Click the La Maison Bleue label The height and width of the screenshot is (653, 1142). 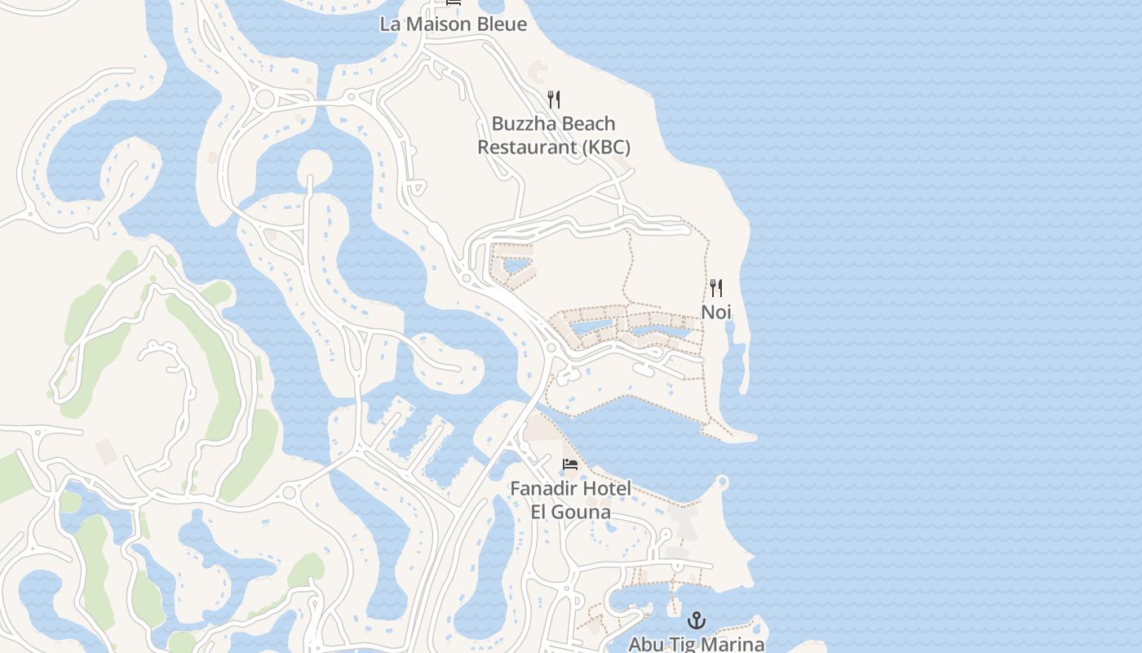point(454,24)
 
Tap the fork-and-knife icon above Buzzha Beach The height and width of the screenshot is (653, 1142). point(554,100)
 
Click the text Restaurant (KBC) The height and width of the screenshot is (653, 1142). point(554,148)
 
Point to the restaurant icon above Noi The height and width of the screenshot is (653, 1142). point(716,287)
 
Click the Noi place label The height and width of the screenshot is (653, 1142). point(716,312)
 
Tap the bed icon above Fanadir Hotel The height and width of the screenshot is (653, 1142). point(570,464)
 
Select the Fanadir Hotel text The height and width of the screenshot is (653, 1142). point(570,489)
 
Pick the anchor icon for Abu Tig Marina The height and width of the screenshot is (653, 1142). point(697,620)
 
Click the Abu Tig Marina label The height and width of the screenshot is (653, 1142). point(697,644)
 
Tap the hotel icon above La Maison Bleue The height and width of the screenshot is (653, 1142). point(454,2)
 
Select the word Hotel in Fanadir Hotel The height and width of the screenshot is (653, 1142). point(607,489)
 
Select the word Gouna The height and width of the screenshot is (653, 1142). point(582,512)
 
